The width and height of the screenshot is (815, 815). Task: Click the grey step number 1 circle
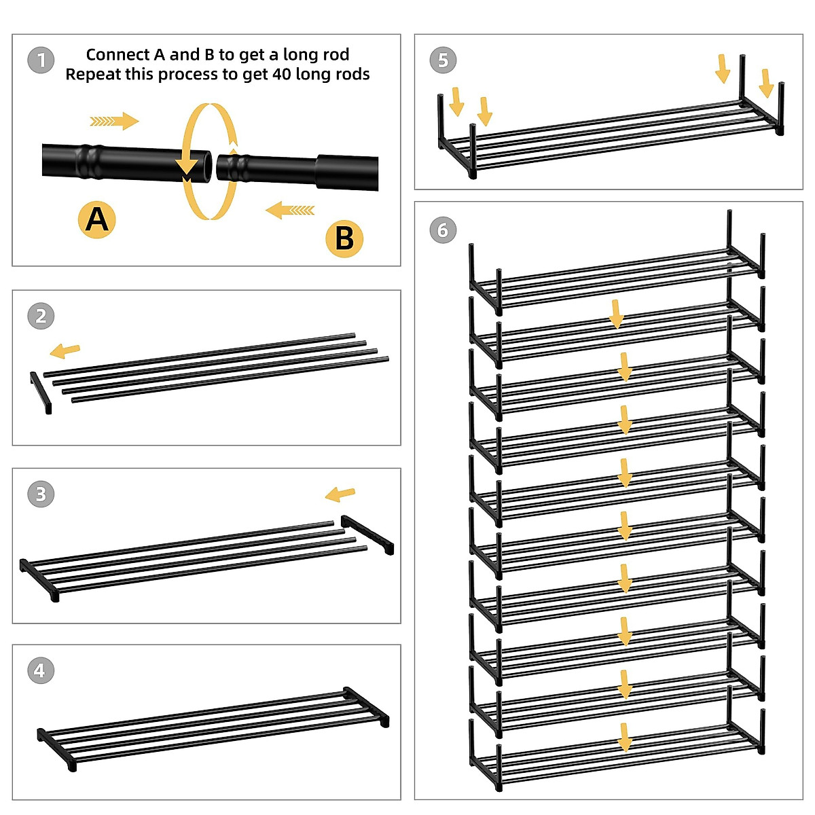click(x=41, y=60)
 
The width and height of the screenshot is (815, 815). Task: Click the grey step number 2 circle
click(x=41, y=316)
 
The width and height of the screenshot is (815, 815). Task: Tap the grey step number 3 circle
click(x=41, y=494)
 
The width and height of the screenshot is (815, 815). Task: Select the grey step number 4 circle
click(x=41, y=670)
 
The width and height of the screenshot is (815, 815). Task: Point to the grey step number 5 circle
click(x=443, y=60)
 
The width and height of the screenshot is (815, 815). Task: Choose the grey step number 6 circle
click(x=443, y=230)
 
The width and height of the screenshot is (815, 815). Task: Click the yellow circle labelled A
click(x=97, y=219)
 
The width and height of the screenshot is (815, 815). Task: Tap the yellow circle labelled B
click(x=344, y=238)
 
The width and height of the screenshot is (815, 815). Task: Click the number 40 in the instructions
click(x=282, y=75)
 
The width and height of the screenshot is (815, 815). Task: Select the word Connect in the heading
click(x=118, y=54)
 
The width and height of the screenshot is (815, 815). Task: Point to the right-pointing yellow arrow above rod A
click(x=114, y=122)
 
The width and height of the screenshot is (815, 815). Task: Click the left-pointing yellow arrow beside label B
click(x=290, y=210)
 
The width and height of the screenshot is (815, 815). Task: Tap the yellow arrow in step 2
click(x=65, y=350)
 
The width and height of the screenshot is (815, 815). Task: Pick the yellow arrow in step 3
click(x=340, y=494)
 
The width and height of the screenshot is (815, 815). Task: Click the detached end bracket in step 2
click(x=41, y=393)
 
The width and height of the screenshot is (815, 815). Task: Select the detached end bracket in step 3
click(x=367, y=535)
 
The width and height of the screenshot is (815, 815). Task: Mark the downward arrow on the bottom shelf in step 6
click(x=625, y=737)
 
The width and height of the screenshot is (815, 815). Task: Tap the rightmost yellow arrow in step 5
click(x=766, y=84)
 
